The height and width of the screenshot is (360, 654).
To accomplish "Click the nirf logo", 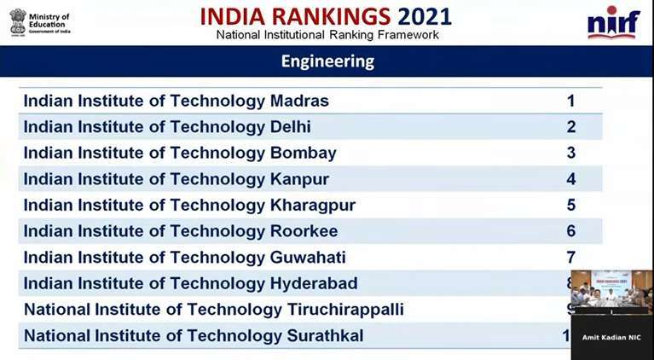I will pyautogui.click(x=612, y=22).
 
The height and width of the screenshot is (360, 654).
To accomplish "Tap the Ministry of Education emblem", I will pyautogui.click(x=17, y=20).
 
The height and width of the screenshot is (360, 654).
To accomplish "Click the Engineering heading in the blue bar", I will pyautogui.click(x=327, y=61).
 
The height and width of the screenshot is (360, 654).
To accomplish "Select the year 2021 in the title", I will pyautogui.click(x=425, y=16).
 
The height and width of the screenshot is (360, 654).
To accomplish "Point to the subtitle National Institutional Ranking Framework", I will pyautogui.click(x=327, y=35).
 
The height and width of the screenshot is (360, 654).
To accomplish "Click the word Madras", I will pyautogui.click(x=298, y=101).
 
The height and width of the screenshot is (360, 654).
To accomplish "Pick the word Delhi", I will pyautogui.click(x=290, y=127).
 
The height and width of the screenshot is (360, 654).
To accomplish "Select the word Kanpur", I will pyautogui.click(x=298, y=179).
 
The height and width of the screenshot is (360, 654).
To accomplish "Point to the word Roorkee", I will pyautogui.click(x=304, y=231).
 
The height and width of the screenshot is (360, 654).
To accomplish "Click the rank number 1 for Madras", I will pyautogui.click(x=570, y=101).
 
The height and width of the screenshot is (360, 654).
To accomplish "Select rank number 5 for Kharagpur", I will pyautogui.click(x=570, y=206).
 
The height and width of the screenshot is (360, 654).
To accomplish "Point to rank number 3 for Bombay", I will pyautogui.click(x=570, y=154).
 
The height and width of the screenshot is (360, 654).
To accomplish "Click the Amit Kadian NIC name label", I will pyautogui.click(x=611, y=338).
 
